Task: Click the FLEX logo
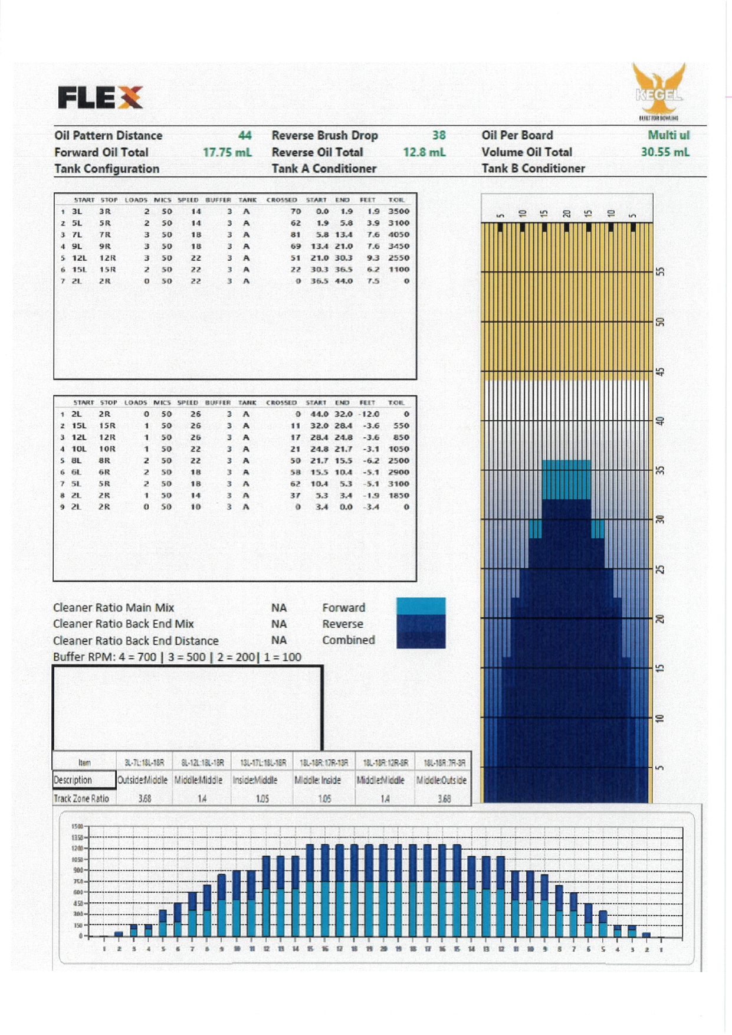pos(100,97)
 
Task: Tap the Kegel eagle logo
pos(659,90)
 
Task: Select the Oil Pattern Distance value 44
pos(245,135)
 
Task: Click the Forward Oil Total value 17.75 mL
pos(227,152)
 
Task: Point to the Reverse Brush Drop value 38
pos(439,135)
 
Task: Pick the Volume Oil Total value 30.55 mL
pos(665,152)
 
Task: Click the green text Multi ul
pos(668,135)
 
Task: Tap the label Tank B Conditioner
pos(533,169)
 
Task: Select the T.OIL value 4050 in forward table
pos(399,235)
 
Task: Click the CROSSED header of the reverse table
pos(281,402)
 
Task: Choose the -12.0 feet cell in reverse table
pos(367,414)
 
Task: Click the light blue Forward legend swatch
pos(421,605)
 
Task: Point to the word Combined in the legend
pos(348,640)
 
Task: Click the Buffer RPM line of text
pos(177,657)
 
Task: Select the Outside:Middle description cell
pos(143,780)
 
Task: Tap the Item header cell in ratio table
pos(84,762)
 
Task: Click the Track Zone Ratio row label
pos(81,799)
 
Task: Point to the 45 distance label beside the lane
pos(661,372)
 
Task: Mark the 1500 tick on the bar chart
pos(77,827)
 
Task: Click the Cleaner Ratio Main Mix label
pos(113,608)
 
